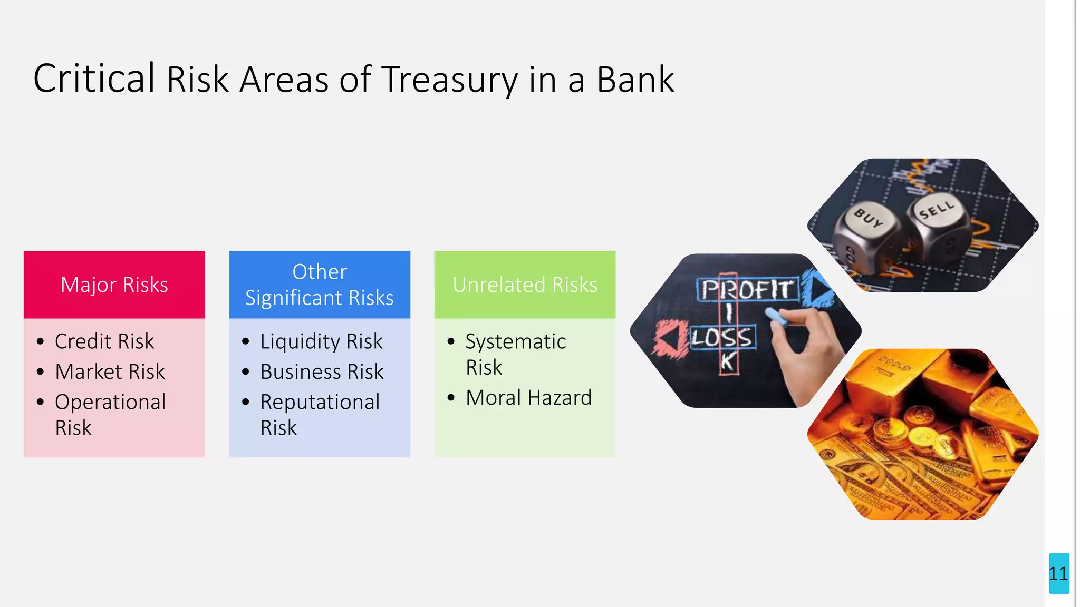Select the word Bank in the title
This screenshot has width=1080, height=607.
tap(635, 80)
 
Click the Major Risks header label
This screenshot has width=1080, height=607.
tap(114, 285)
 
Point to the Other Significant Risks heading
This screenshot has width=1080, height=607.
tap(320, 285)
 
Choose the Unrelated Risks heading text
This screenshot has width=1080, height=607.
tap(525, 285)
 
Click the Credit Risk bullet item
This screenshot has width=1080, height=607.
tap(104, 341)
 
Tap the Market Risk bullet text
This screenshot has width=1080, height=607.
tap(110, 371)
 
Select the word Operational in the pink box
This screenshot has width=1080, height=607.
tap(110, 402)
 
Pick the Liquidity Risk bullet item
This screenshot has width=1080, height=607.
tap(321, 341)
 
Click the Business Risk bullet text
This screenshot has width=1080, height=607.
tap(322, 371)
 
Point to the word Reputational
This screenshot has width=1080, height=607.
tap(320, 402)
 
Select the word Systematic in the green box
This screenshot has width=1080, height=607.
tap(515, 341)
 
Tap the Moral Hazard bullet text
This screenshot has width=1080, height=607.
tap(528, 398)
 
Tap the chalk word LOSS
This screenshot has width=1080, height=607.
tap(721, 338)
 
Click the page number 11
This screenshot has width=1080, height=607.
tap(1058, 573)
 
